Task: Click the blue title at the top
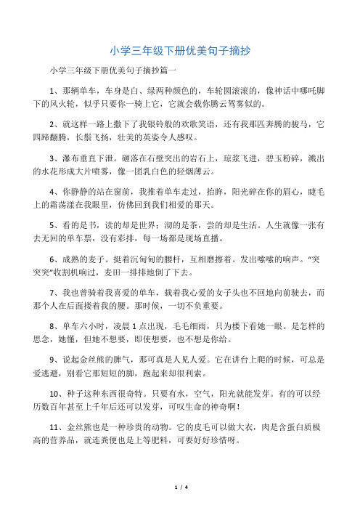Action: (x=180, y=51)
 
